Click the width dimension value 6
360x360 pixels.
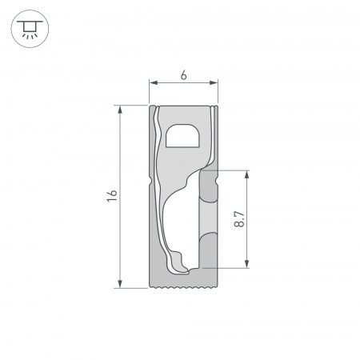184,75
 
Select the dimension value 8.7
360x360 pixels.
239,219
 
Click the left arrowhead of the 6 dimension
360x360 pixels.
153,82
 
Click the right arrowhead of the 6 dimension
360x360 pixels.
216,82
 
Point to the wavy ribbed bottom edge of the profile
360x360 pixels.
184,286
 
